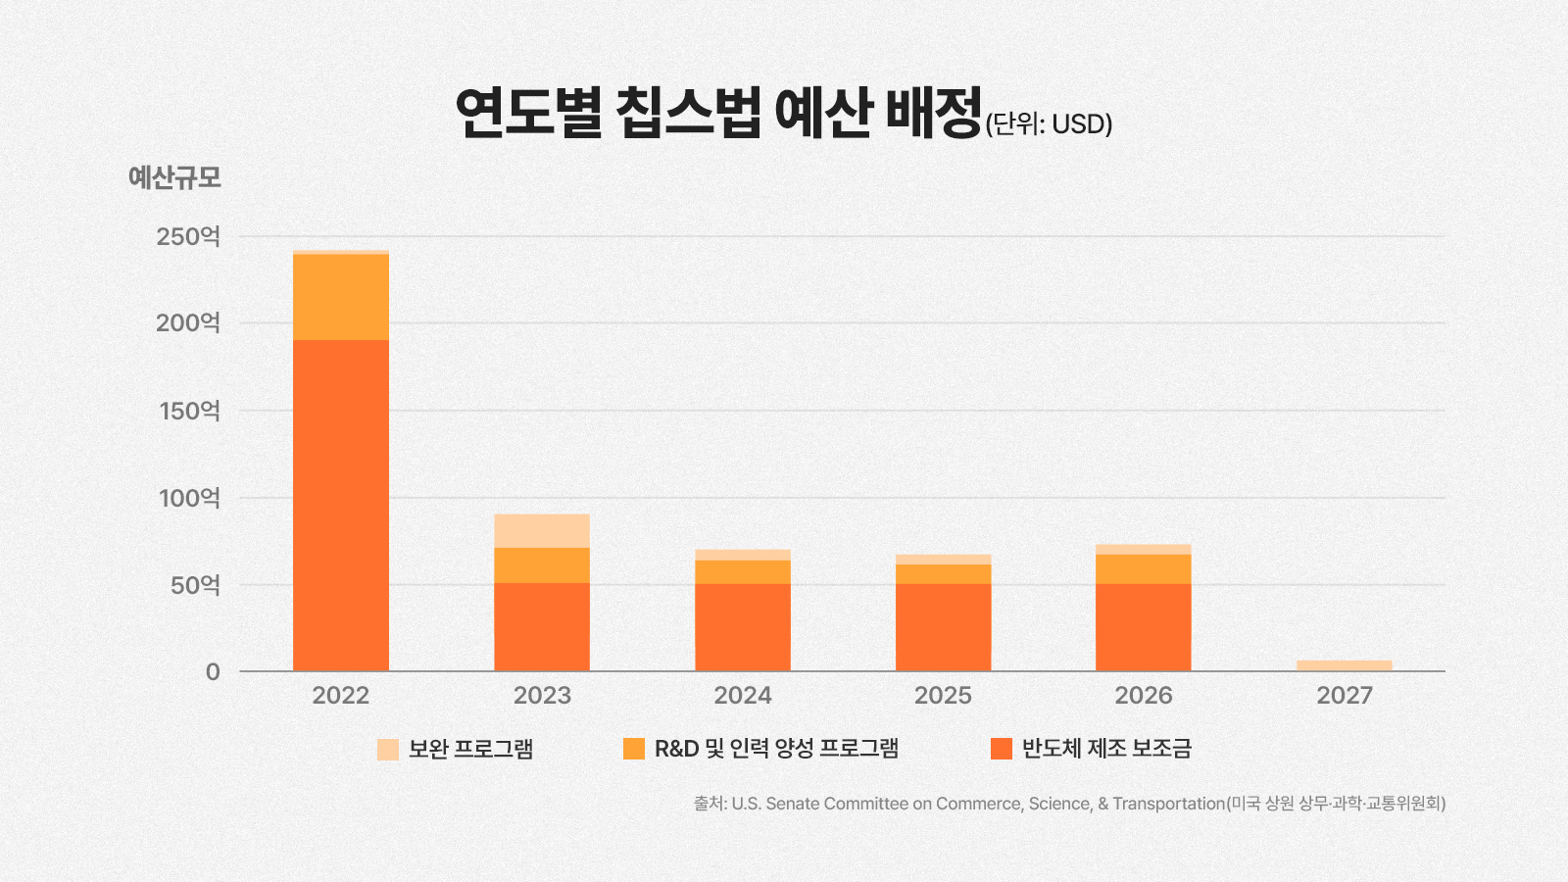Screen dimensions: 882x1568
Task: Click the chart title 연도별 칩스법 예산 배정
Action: point(718,113)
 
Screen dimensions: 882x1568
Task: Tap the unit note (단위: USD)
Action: point(1049,124)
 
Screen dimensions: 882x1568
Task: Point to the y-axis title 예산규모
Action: point(174,177)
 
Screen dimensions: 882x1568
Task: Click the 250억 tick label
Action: point(188,236)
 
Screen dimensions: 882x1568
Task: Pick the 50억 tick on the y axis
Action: point(195,585)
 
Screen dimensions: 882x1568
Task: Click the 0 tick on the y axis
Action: point(213,672)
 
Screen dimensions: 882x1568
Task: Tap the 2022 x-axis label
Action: point(341,696)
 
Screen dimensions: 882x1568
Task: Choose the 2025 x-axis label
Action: point(943,696)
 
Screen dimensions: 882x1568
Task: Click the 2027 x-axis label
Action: point(1345,696)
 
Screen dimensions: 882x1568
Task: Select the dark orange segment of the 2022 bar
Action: point(341,505)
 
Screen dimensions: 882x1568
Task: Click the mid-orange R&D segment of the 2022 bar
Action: point(341,297)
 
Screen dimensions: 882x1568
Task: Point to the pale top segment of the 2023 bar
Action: point(542,530)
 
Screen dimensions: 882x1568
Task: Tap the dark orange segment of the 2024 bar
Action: point(743,627)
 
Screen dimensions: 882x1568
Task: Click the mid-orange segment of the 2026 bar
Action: point(1144,568)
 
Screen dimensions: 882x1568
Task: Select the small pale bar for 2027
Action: point(1345,665)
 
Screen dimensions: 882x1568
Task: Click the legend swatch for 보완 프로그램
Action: point(388,750)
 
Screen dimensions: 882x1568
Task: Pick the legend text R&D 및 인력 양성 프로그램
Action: point(776,749)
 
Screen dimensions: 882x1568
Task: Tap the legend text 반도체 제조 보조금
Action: point(1106,749)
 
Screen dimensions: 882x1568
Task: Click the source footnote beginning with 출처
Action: point(1069,804)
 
